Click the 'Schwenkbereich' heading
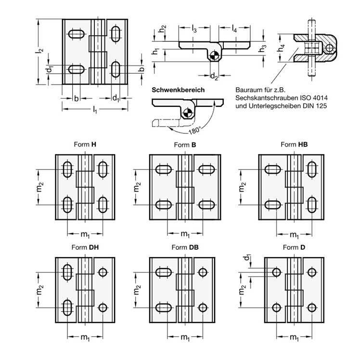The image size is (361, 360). [178, 90]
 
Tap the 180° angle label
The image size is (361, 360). [195, 130]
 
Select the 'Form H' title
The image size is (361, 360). [85, 144]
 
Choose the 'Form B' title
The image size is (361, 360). [185, 145]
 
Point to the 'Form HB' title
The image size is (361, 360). [294, 144]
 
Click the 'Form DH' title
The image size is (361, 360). [85, 247]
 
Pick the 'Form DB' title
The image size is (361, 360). [185, 247]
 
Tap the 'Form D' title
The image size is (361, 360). [294, 247]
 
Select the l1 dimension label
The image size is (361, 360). [95, 110]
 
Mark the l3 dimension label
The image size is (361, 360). [194, 29]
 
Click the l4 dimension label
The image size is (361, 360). [234, 29]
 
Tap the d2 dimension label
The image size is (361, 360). [214, 76]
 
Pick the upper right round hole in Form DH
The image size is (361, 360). [103, 272]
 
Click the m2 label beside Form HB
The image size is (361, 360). [242, 187]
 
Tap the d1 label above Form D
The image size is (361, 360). [247, 257]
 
